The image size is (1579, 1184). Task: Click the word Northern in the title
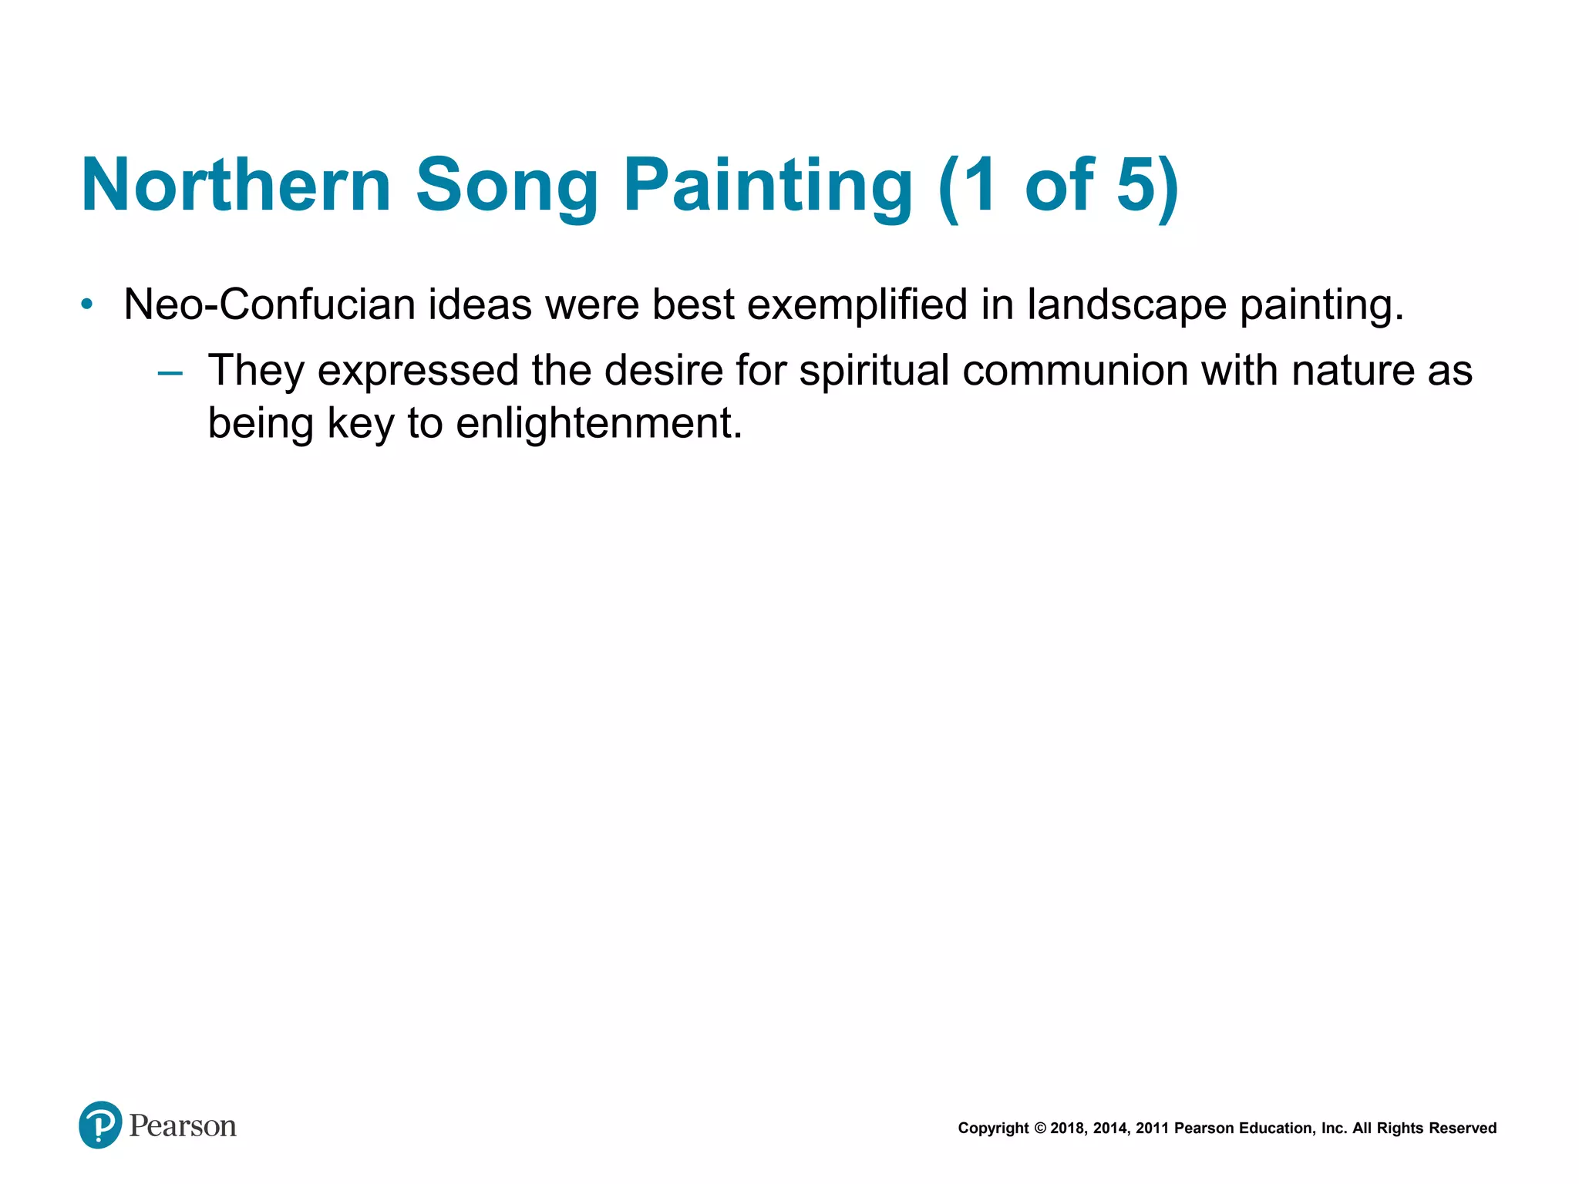pyautogui.click(x=236, y=185)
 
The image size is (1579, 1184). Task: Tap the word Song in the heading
pyautogui.click(x=507, y=185)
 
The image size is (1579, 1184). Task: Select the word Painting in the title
pyautogui.click(x=768, y=185)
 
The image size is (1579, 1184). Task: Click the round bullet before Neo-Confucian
pyautogui.click(x=87, y=304)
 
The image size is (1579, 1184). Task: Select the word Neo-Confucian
pyautogui.click(x=269, y=304)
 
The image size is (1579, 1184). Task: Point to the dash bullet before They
pyautogui.click(x=170, y=374)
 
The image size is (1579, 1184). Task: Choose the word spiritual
pyautogui.click(x=874, y=371)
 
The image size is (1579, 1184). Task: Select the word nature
pyautogui.click(x=1352, y=371)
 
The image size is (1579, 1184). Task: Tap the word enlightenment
pyautogui.click(x=598, y=423)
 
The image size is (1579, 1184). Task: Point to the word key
pyautogui.click(x=360, y=423)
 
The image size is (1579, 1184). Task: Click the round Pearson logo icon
pyautogui.click(x=100, y=1125)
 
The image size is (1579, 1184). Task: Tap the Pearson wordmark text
pyautogui.click(x=183, y=1126)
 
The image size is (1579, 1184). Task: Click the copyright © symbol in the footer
pyautogui.click(x=1039, y=1128)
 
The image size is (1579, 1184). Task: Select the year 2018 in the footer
pyautogui.click(x=1067, y=1128)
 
